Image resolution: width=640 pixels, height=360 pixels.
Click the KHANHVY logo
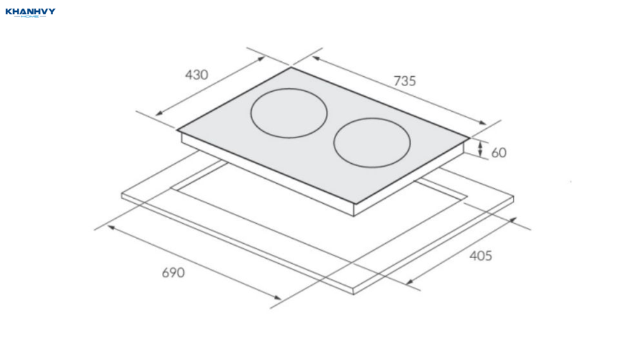[x=30, y=12]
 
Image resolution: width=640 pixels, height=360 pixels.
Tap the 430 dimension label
[x=197, y=75]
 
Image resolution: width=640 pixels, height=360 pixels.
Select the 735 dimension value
[x=404, y=81]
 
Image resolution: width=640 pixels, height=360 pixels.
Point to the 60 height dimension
[x=499, y=152]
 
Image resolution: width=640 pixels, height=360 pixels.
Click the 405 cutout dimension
[x=481, y=256]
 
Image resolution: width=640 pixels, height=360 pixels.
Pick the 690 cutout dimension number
[x=174, y=272]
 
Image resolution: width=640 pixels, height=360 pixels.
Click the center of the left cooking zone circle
[x=289, y=113]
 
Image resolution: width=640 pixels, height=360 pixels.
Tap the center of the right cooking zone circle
[x=372, y=143]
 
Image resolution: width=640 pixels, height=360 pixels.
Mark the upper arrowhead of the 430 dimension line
[x=261, y=59]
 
